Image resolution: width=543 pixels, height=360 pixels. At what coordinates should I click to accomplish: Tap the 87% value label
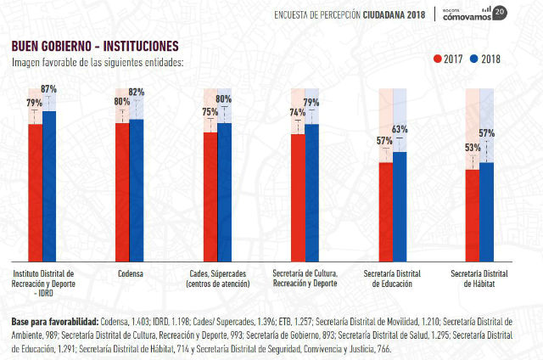pyautogui.click(x=48, y=89)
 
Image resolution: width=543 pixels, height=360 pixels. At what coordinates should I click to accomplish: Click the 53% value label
pyautogui.click(x=473, y=148)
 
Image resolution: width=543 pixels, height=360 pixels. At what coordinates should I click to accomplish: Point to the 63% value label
pyautogui.click(x=400, y=130)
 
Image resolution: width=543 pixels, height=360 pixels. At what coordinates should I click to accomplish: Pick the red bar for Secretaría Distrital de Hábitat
pyautogui.click(x=473, y=216)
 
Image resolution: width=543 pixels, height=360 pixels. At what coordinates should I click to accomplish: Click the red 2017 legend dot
pyautogui.click(x=438, y=59)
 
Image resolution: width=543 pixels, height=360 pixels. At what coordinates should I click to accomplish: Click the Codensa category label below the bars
pyautogui.click(x=130, y=273)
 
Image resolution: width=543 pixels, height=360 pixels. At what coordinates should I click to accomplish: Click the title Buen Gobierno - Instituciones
pyautogui.click(x=94, y=45)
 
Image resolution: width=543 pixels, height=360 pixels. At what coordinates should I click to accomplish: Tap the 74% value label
pyautogui.click(x=298, y=112)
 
